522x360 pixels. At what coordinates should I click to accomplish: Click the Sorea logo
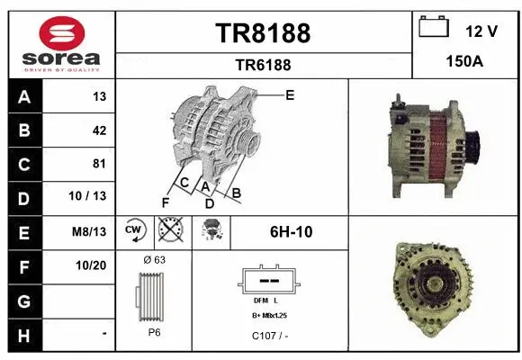(x=60, y=42)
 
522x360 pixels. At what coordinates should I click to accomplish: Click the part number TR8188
(x=263, y=33)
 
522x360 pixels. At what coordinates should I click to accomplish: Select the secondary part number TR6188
(x=263, y=65)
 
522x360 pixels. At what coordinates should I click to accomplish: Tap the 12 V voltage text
(x=481, y=31)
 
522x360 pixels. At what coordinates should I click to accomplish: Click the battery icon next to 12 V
(x=434, y=28)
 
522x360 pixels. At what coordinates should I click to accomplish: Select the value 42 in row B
(x=99, y=130)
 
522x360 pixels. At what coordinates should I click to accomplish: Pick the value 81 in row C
(x=99, y=164)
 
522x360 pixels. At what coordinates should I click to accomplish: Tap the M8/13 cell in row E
(x=91, y=231)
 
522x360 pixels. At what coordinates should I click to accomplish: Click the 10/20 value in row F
(x=93, y=265)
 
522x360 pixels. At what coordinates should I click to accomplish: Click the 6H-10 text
(x=291, y=231)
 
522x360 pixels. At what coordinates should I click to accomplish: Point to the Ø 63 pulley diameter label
(x=154, y=259)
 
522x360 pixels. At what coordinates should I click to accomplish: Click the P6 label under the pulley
(x=154, y=331)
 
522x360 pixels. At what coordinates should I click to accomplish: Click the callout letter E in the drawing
(x=290, y=94)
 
